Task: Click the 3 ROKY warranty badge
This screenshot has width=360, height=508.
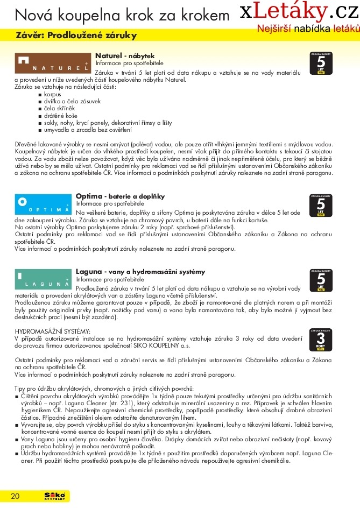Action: point(321,339)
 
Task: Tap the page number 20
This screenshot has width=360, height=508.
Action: point(15,496)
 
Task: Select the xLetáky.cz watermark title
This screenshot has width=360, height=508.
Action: point(299,11)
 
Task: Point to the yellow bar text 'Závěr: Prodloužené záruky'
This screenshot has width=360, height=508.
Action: point(76,36)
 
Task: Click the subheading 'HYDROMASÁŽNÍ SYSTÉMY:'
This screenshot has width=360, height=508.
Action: point(52,330)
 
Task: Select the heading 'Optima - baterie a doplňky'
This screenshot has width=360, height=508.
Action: point(120,196)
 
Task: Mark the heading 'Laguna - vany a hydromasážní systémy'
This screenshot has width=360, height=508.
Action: point(140,271)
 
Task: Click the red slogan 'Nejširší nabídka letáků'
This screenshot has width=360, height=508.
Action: point(307,27)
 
